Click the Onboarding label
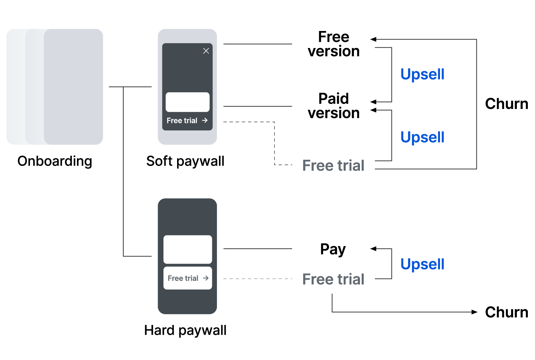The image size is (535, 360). pos(54,161)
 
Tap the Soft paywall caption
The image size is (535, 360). pos(185,161)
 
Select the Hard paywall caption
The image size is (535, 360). pos(185,330)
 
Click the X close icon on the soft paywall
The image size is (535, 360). pos(206,51)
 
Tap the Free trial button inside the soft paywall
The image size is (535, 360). pos(187,121)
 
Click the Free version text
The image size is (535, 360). pos(333,44)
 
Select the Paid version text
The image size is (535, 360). pos(333,106)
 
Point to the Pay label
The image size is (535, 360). pos(333,249)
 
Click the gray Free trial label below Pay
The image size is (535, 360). pos(333,279)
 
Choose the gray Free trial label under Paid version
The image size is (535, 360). pos(333,166)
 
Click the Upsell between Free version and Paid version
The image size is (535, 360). pos(422,74)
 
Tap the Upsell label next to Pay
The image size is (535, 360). pos(422,264)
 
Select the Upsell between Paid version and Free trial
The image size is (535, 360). pos(422,137)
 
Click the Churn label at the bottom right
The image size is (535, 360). pos(506,312)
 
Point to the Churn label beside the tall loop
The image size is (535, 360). pos(506,104)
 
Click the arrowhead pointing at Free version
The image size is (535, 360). pos(373,40)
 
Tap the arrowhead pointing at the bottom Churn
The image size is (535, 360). pos(475,312)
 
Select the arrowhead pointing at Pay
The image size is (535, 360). pos(373,249)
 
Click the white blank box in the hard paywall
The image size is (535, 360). pos(188,249)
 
